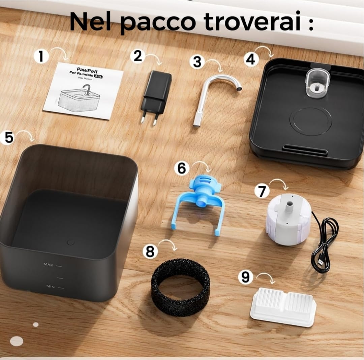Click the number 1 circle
coord(41,56)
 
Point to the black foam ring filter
coord(180,286)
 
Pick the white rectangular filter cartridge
coord(283,306)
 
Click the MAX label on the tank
coord(48,265)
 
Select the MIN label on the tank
coord(51,287)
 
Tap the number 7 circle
coord(262,191)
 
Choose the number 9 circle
coord(245,277)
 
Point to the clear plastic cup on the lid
coord(317,83)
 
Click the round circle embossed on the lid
coord(310,121)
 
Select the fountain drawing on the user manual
coord(80,98)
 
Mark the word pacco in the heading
coord(157,22)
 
